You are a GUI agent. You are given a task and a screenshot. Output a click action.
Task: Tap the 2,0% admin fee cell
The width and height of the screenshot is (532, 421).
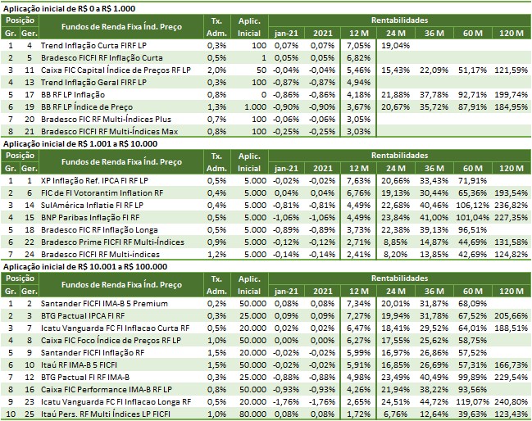pos(216,71)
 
